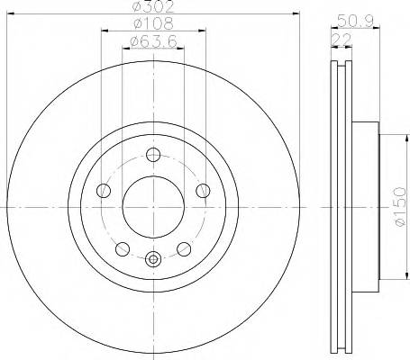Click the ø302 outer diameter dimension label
[x=151, y=7]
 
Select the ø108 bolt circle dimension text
[x=151, y=23]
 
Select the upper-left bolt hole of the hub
[x=103, y=190]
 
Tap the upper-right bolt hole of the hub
[x=202, y=190]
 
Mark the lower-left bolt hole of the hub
[x=122, y=248]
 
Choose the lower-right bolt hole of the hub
[x=183, y=248]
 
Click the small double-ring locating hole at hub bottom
[x=152, y=260]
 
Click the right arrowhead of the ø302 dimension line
[x=294, y=14]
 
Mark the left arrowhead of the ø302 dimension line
[x=11, y=14]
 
